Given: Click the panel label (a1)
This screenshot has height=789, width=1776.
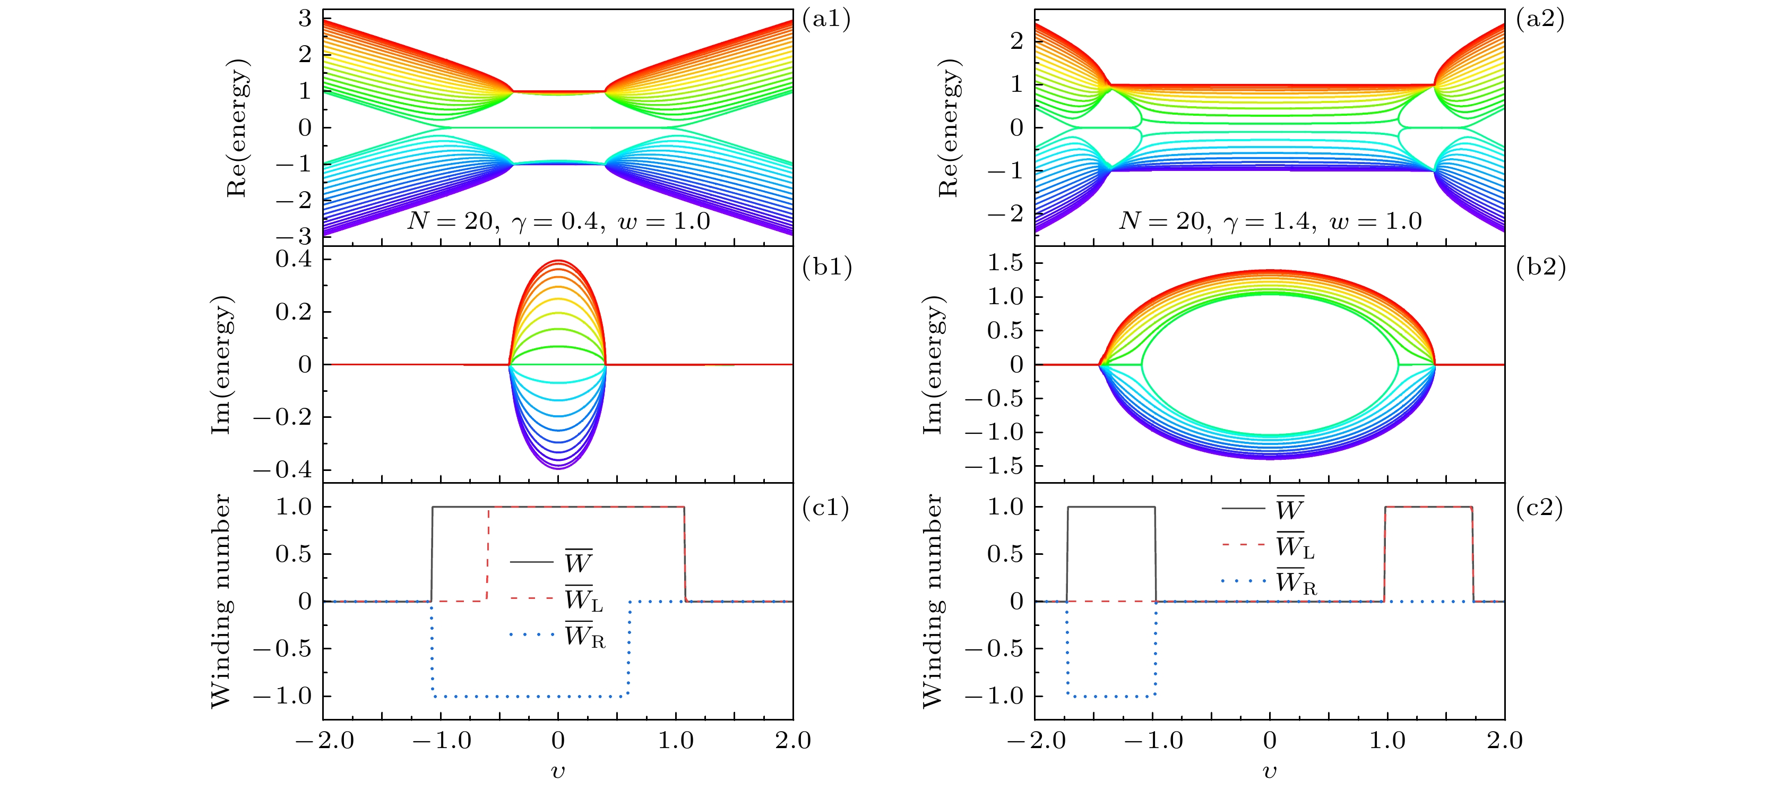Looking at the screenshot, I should [x=826, y=19].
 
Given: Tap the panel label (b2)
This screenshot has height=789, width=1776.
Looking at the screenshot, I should [x=1540, y=267].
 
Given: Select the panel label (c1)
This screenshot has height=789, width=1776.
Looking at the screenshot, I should [x=826, y=508].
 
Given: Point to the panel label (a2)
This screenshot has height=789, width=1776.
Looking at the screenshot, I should [x=1540, y=19].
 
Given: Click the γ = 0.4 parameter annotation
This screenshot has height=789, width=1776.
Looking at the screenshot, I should [x=558, y=221].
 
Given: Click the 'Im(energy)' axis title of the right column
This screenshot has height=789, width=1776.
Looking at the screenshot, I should [x=932, y=365].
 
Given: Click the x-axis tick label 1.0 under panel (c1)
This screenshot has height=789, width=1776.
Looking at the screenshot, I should [x=676, y=741].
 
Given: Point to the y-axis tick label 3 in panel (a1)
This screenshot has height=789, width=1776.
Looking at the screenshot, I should [x=305, y=19].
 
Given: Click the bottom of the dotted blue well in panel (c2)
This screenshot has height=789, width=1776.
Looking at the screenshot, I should [x=1111, y=696].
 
